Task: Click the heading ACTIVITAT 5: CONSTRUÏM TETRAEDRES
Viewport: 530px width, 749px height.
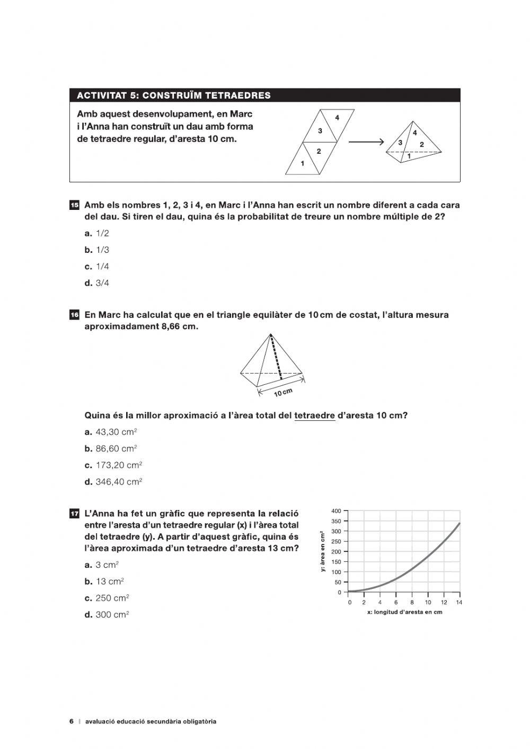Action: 173,95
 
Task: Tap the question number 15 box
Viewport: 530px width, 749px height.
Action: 74,205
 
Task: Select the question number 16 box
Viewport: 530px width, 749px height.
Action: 74,315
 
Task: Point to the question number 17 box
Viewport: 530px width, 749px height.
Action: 74,514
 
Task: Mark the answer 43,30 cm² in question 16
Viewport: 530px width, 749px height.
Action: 111,432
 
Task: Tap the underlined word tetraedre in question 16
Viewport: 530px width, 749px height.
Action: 314,416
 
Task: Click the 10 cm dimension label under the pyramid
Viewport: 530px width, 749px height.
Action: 283,393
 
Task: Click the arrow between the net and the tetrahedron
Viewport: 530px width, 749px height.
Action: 366,142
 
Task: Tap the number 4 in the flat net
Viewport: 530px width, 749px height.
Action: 337,117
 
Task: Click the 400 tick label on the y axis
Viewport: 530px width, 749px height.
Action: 337,511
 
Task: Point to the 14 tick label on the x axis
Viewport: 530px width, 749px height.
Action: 459,602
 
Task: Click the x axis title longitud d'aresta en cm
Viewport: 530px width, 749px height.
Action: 404,612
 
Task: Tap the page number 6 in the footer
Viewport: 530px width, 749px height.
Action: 71,721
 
